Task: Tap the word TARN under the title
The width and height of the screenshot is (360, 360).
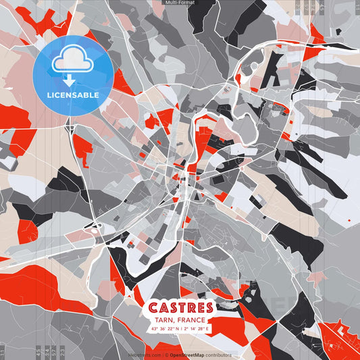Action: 163,320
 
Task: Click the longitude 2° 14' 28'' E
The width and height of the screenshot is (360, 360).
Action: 197,329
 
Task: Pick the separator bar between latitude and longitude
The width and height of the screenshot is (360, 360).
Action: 180,329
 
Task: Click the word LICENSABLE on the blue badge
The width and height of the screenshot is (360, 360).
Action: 73,95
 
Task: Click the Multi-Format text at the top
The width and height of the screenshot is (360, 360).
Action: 180,3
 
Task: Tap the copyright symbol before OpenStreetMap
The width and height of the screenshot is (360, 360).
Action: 165,355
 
